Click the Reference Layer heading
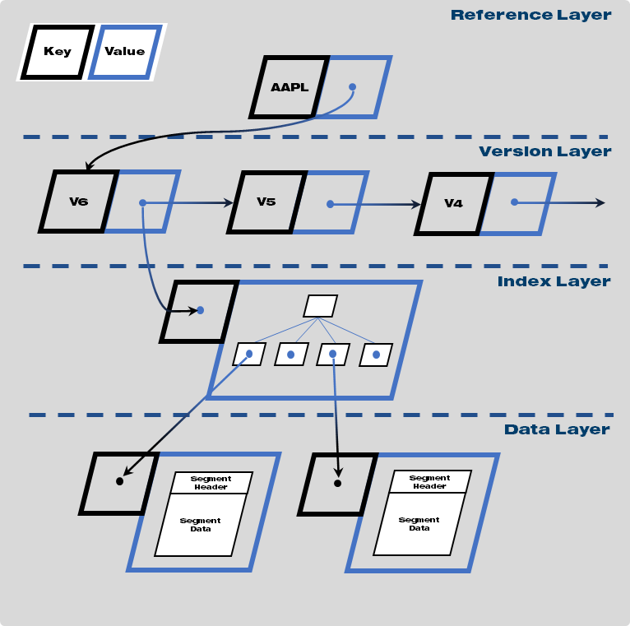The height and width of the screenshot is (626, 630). tap(530, 15)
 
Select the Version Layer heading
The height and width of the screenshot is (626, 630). tap(544, 151)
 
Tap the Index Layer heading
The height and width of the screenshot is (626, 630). tap(554, 281)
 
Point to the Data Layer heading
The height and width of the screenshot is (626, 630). tap(557, 429)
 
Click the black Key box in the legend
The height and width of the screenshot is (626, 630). tap(57, 51)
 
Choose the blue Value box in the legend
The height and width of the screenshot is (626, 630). tap(124, 51)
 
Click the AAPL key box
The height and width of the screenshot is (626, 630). tap(290, 87)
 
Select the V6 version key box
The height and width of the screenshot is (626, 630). tap(79, 202)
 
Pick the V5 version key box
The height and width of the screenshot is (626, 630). tap(266, 202)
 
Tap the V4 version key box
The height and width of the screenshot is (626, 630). tap(453, 203)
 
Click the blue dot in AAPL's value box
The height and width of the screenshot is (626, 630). tap(352, 86)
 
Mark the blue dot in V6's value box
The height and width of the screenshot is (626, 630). tap(142, 202)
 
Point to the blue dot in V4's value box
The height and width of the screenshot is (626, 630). tap(514, 202)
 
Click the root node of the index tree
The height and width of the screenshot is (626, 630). tap(320, 306)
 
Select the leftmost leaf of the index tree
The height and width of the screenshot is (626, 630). tap(248, 355)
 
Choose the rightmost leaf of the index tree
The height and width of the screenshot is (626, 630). tap(376, 355)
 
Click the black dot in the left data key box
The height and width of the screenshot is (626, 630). tap(119, 481)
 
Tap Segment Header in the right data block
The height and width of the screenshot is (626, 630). tap(429, 482)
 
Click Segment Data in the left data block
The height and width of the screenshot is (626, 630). tap(200, 525)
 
